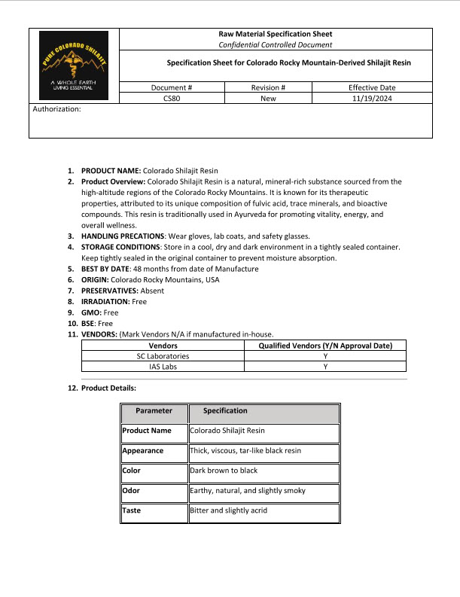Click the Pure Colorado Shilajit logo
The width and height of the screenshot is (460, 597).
(x=74, y=65)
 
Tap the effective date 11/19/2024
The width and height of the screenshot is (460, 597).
(x=372, y=98)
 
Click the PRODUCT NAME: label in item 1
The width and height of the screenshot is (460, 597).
(x=111, y=171)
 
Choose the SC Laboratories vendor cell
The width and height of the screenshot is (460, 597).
(x=163, y=356)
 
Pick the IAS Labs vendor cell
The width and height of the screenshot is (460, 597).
(x=163, y=367)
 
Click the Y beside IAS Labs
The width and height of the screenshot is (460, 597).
(x=325, y=367)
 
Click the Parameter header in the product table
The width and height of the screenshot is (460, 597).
(x=154, y=411)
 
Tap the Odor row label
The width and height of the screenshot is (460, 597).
(x=131, y=490)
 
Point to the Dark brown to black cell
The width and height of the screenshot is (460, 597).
(x=224, y=471)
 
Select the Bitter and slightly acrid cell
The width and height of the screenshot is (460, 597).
(x=229, y=510)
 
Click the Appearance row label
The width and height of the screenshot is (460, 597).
(x=143, y=450)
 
